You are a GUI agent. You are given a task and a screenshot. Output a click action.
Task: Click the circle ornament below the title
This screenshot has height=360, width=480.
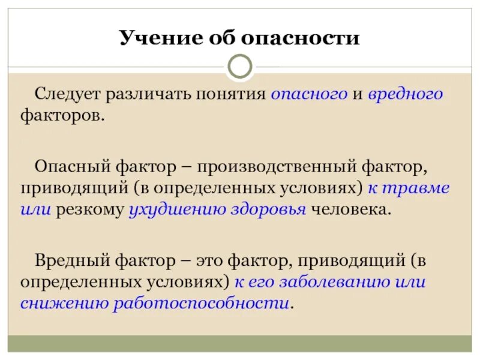pos(240,67)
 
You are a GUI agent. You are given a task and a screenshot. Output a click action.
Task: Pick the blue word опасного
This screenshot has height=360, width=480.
pos(309,94)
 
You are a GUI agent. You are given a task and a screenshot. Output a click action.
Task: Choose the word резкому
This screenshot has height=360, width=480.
pos(90,210)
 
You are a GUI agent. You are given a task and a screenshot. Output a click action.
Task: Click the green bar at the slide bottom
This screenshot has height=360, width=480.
pos(240,343)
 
